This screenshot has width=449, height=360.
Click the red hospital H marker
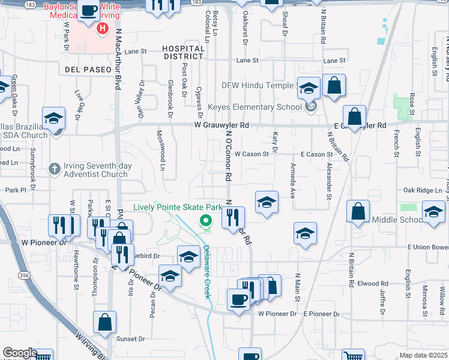click(103, 28)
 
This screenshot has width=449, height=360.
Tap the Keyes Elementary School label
click(255, 107)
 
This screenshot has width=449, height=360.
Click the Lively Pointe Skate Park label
click(177, 207)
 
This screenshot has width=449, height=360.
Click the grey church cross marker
click(54, 169)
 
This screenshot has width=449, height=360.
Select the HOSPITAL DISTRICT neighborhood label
click(182, 52)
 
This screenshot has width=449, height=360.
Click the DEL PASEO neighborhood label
click(85, 70)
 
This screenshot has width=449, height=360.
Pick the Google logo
click(20, 353)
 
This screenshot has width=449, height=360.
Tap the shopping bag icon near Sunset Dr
click(105, 322)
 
